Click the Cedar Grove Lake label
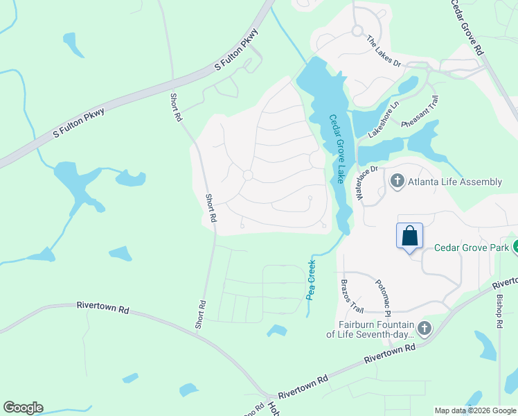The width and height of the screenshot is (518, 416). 337,148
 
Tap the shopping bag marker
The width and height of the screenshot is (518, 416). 409,236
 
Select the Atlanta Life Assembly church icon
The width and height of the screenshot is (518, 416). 398,182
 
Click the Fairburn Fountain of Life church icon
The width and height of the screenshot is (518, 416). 425,328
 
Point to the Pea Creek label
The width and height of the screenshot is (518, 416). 311,279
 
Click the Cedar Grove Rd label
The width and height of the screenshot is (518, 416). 466,26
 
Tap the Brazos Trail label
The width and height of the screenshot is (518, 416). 352,295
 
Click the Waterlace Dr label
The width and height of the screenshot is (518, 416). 366,183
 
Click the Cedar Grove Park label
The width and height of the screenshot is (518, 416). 471,248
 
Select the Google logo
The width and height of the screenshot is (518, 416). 23,408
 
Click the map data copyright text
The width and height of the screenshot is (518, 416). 475,410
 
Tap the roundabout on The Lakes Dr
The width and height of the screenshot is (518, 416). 357,31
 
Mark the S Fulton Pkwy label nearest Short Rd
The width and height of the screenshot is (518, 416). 236,50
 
